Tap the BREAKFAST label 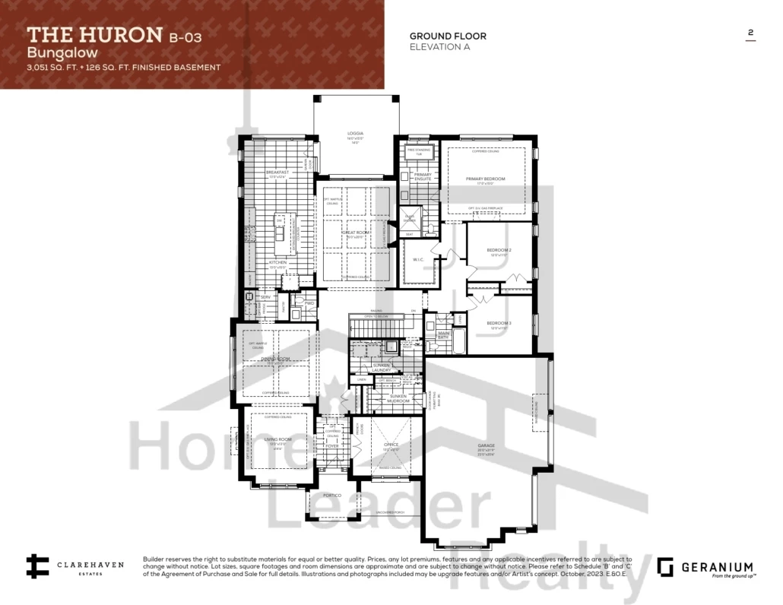pos(277,173)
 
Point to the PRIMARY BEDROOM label pos(485,179)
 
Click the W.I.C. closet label pos(417,260)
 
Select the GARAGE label pos(486,445)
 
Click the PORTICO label pos(331,496)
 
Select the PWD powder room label pos(309,302)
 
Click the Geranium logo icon pos(666,567)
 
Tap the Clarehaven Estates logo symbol pos(36,567)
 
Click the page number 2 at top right pos(750,33)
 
